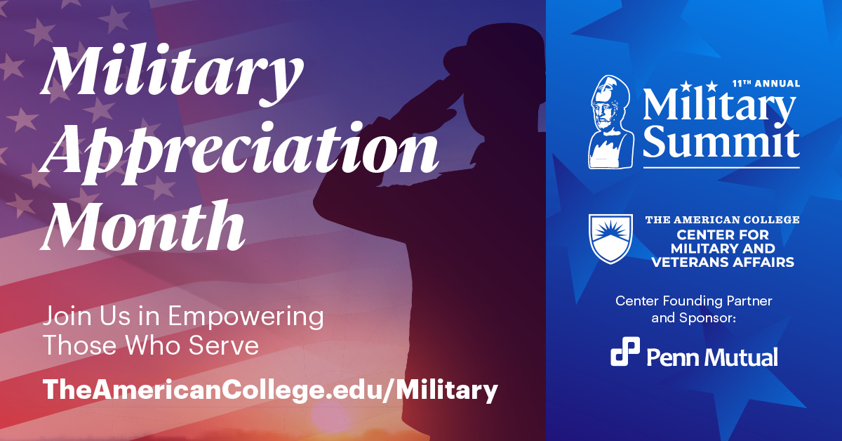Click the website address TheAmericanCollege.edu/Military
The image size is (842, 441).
270,390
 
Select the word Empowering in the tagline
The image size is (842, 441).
246,317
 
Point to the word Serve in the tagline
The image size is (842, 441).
223,345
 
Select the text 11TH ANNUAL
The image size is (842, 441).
766,84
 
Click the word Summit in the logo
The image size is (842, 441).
721,144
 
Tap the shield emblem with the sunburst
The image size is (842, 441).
610,239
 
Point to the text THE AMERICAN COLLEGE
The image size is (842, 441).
723,220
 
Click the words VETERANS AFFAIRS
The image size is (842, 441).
723,262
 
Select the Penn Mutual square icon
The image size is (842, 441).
625,351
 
